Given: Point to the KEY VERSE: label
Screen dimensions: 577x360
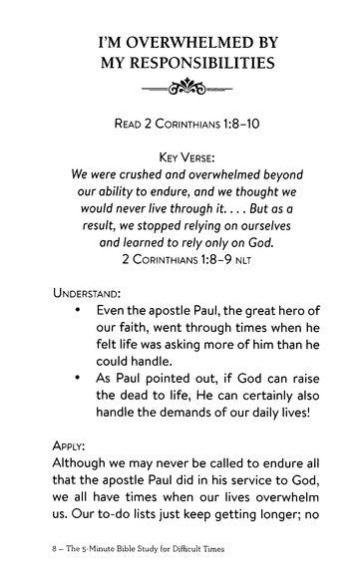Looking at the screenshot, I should pos(180,156).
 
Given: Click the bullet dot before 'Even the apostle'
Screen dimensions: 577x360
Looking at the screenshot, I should pos(79,317).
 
